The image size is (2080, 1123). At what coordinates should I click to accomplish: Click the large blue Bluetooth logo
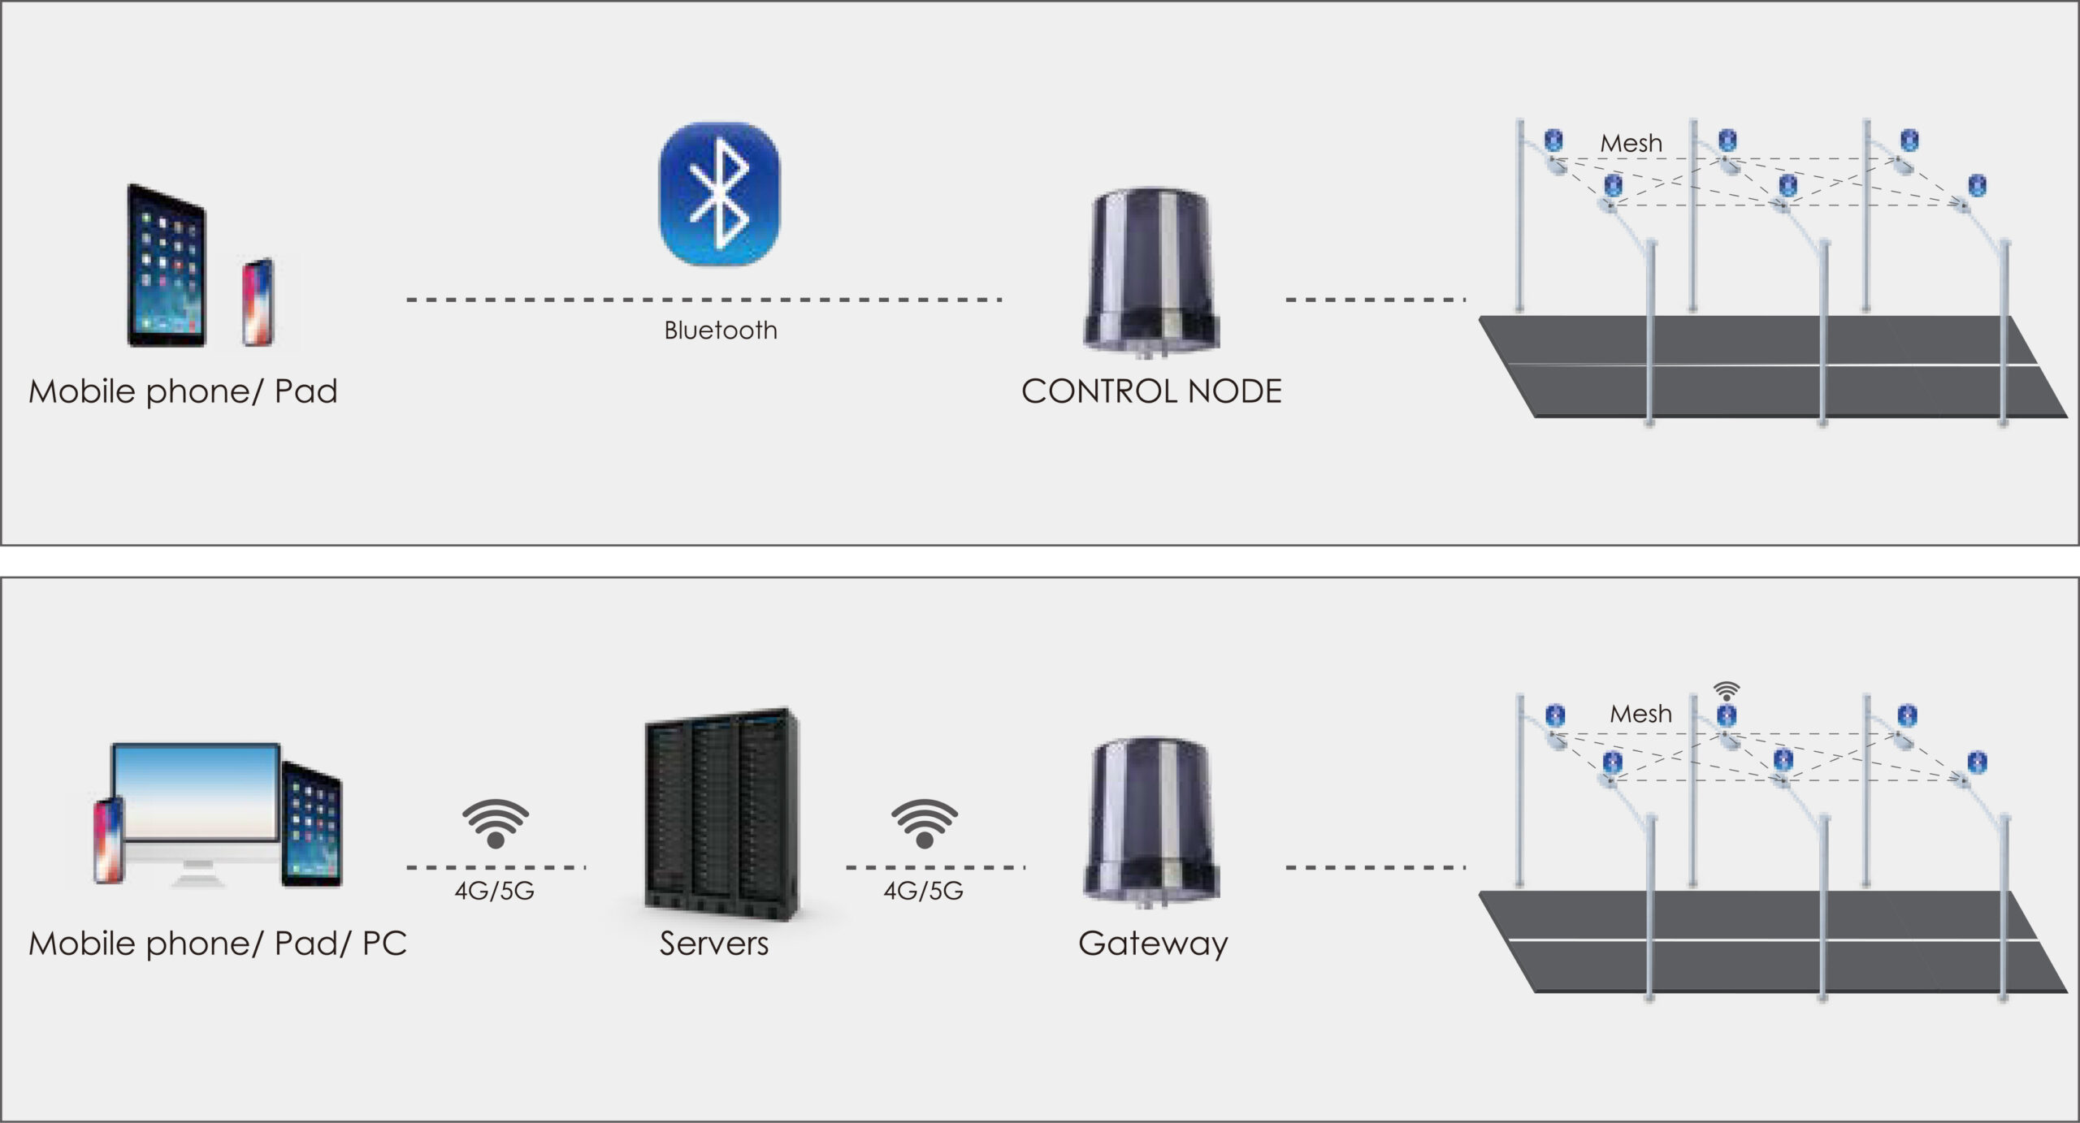(x=719, y=194)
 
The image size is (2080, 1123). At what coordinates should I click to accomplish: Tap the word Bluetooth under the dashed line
(x=721, y=330)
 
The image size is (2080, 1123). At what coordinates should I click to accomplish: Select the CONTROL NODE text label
(x=1151, y=391)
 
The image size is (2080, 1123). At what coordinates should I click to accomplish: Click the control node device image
(x=1151, y=270)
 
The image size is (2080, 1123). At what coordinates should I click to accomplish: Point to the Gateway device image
(x=1151, y=820)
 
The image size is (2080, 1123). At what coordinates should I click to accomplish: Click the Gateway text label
(x=1153, y=944)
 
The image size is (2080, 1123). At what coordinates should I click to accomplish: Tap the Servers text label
(x=713, y=944)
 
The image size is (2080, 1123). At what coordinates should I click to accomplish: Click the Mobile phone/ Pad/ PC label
(x=218, y=944)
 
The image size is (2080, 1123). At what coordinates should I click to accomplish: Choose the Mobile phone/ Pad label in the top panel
(x=183, y=391)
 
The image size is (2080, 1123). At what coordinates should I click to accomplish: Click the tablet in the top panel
(x=167, y=266)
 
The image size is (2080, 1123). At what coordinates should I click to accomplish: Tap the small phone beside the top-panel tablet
(x=258, y=302)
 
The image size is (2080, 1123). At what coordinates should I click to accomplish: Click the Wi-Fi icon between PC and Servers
(x=496, y=823)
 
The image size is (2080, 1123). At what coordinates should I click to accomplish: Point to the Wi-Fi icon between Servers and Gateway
(x=925, y=823)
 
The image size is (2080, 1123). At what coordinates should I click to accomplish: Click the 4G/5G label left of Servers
(x=494, y=891)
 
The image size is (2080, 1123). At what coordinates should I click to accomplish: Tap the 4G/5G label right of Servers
(x=923, y=891)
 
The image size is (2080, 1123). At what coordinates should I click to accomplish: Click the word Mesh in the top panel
(x=1631, y=144)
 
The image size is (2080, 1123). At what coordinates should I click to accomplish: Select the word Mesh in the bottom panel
(x=1640, y=714)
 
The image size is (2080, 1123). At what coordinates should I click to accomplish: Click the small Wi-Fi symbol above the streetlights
(x=1726, y=692)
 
